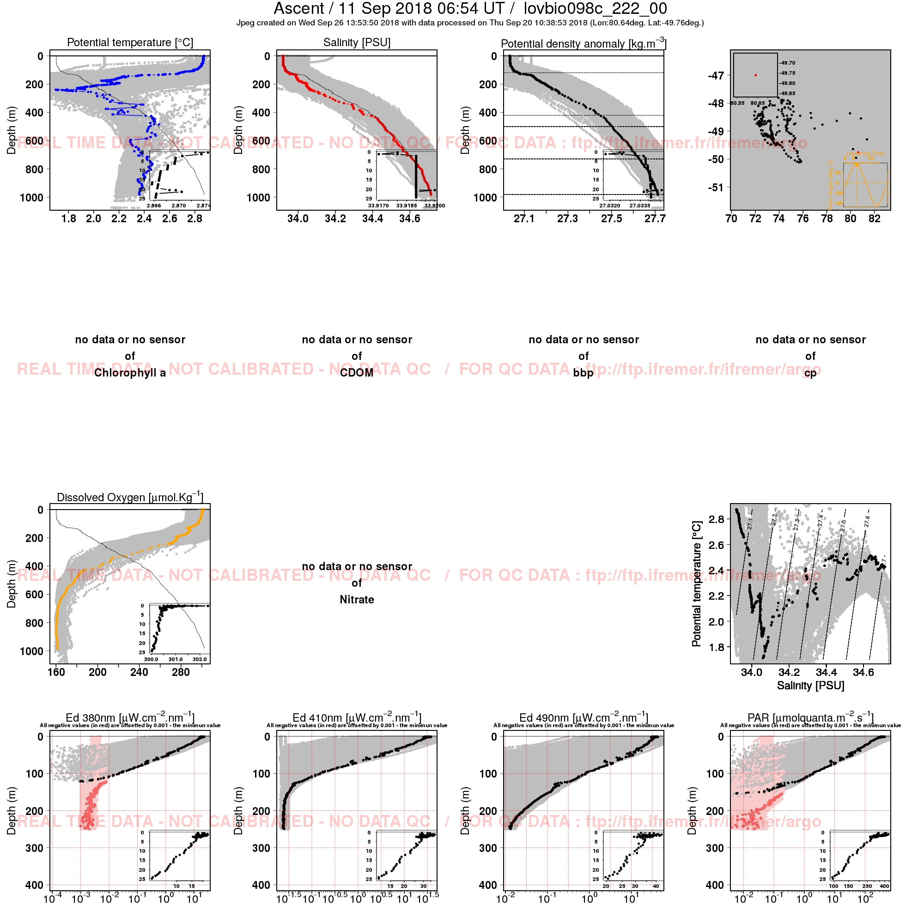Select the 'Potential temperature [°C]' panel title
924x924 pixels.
click(130, 43)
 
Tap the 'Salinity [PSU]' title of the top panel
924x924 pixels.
click(357, 43)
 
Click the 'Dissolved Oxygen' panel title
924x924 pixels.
click(130, 497)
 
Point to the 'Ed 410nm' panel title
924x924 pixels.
click(357, 717)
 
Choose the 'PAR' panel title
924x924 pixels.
click(810, 717)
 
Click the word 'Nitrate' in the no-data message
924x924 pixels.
click(357, 599)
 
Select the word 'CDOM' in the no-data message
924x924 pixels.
click(357, 372)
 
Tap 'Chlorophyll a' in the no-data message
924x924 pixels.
click(130, 372)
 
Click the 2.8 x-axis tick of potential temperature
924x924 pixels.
click(195, 219)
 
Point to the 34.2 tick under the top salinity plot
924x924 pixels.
click(335, 219)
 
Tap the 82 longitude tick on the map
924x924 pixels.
click(874, 219)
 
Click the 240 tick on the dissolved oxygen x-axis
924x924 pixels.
click(139, 672)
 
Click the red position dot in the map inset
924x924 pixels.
click(755, 75)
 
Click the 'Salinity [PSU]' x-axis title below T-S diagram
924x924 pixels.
click(810, 685)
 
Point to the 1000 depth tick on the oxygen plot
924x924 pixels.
click(31, 651)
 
